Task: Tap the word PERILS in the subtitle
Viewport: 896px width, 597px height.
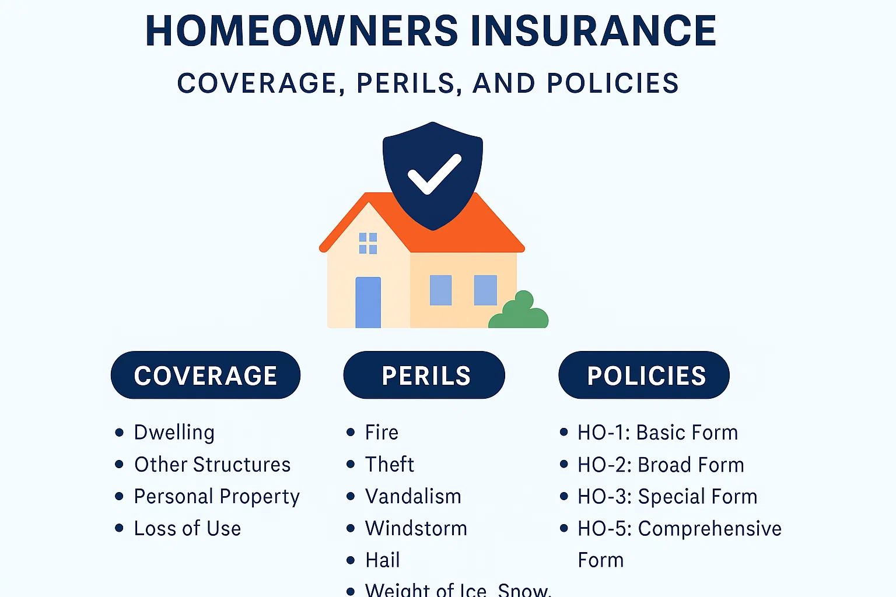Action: (x=405, y=83)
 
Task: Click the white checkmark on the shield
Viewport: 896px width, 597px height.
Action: (x=434, y=174)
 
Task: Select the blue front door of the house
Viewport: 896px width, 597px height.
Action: (x=368, y=302)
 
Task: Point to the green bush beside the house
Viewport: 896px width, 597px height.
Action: (x=519, y=312)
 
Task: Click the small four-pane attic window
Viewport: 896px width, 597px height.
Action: (x=368, y=243)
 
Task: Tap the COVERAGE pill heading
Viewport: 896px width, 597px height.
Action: (x=205, y=375)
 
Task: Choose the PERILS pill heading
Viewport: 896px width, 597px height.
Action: (x=425, y=375)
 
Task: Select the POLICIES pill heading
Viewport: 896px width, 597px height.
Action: (x=645, y=375)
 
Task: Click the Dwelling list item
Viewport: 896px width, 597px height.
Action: (x=174, y=433)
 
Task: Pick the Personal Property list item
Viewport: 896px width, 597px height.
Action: (x=216, y=497)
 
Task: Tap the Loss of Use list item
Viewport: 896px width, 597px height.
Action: (x=187, y=529)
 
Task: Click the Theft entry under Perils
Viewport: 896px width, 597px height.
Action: (x=389, y=465)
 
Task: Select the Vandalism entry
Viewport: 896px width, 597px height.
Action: (x=413, y=497)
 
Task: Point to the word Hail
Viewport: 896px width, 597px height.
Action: (x=383, y=560)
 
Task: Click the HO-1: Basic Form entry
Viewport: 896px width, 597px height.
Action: (x=657, y=433)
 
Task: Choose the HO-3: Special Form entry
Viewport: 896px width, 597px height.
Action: (x=667, y=497)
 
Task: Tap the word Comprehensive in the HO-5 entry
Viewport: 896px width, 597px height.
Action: (x=709, y=529)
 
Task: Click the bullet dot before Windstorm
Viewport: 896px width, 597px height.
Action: (x=351, y=529)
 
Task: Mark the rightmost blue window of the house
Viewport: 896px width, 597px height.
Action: (x=485, y=290)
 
